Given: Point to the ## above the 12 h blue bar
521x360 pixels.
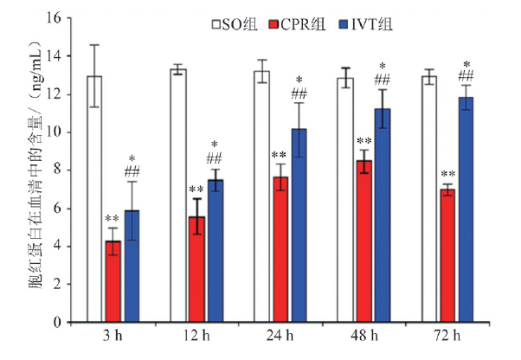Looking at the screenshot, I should [x=215, y=159].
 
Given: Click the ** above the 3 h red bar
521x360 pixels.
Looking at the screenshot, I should [x=113, y=220].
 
